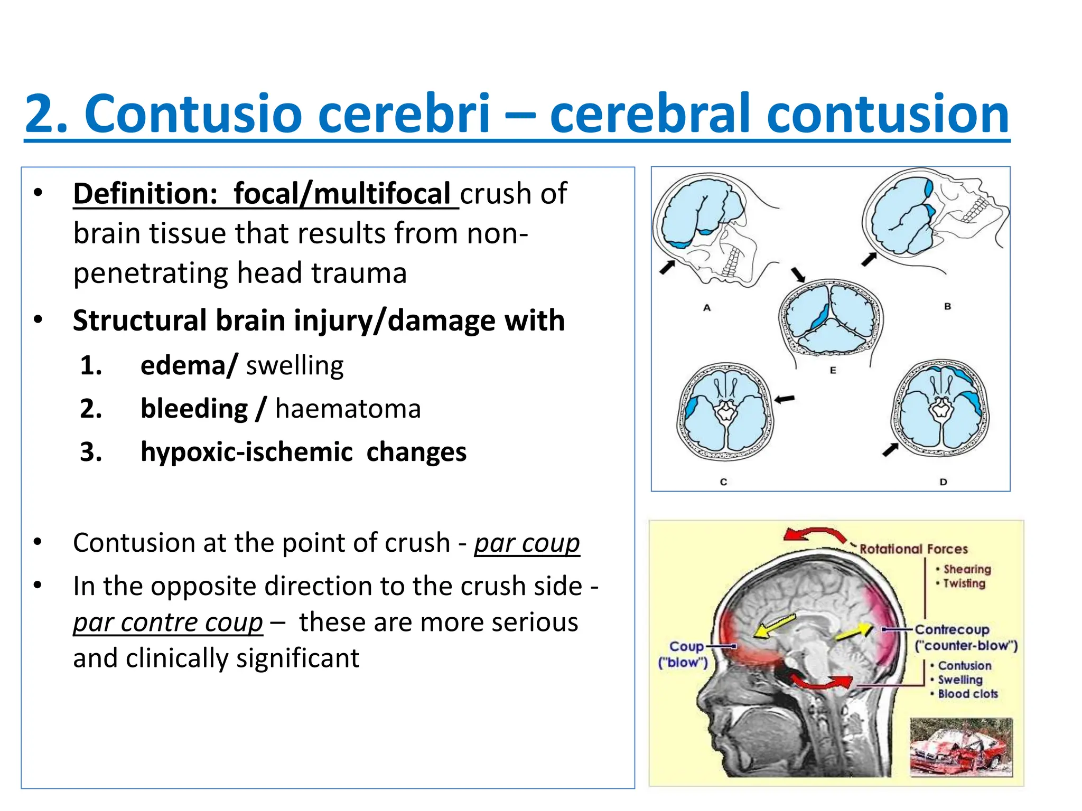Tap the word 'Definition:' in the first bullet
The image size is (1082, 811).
pos(145,193)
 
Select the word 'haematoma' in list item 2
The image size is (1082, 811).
pos(348,409)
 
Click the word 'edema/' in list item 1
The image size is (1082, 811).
pos(189,365)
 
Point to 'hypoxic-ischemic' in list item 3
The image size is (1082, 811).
pos(246,452)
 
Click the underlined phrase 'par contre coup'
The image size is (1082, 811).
pos(168,622)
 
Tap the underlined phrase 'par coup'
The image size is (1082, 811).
pos(527,543)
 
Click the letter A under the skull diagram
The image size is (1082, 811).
pos(707,307)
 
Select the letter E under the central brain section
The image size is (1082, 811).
pos(833,370)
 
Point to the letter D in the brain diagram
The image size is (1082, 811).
pos(944,482)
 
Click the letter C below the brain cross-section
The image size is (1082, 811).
pos(723,482)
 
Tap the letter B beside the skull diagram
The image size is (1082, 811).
pos(947,306)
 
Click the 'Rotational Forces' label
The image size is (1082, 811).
pos(913,549)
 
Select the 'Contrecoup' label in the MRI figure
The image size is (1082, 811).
pos(952,629)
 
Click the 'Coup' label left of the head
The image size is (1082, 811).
pos(686,646)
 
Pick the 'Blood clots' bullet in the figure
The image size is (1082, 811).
pos(967,694)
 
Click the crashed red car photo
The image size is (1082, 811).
pos(961,747)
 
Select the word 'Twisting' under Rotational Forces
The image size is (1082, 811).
pos(964,583)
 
